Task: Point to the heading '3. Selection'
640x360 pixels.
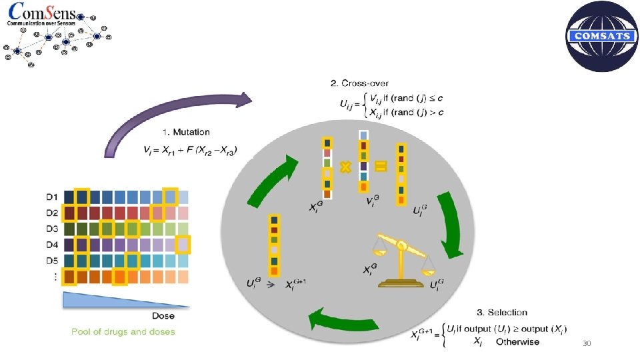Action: (x=502, y=312)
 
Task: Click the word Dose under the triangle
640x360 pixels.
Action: (x=164, y=315)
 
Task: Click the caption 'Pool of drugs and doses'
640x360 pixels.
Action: (x=123, y=331)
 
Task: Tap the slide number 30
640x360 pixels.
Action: (x=587, y=343)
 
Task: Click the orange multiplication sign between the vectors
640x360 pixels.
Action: (x=345, y=167)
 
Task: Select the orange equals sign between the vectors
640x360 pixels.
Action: (x=380, y=167)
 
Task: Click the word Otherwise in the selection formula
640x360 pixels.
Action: (x=517, y=342)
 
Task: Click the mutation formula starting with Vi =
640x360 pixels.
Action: (x=190, y=150)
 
